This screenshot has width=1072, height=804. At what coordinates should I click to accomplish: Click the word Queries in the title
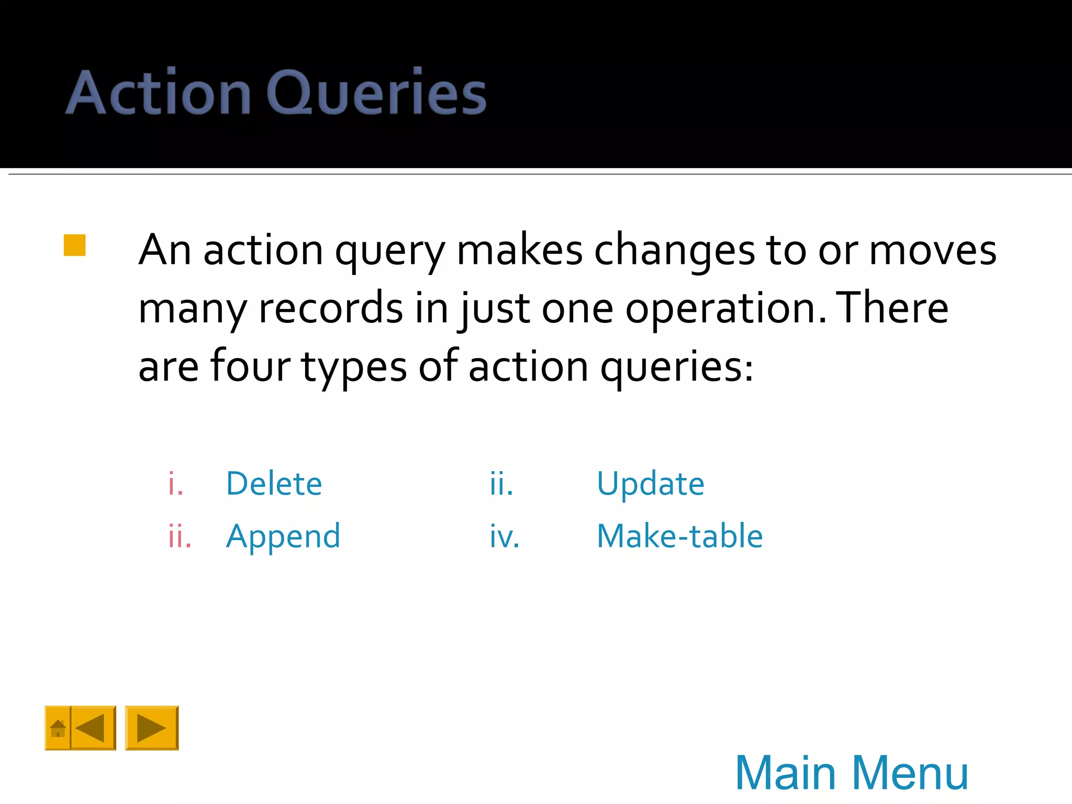[x=376, y=93]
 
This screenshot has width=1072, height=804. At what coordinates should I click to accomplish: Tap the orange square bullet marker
[x=74, y=245]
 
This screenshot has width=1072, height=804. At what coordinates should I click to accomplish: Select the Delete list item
[x=274, y=483]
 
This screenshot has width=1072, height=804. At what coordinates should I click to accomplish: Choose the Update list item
[x=650, y=483]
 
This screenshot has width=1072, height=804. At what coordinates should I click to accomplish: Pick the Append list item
[x=283, y=537]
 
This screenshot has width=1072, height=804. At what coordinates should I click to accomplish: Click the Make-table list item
[x=679, y=537]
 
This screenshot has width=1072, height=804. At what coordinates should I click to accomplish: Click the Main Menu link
[x=852, y=773]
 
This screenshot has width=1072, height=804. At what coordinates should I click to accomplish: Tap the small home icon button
[x=58, y=728]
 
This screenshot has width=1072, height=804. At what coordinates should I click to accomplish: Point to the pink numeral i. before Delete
[x=176, y=484]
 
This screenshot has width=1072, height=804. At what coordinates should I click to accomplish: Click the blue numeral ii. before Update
[x=501, y=484]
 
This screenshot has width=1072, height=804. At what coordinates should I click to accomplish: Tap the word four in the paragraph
[x=250, y=365]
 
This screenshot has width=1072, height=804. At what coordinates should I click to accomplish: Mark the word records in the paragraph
[x=331, y=309]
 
